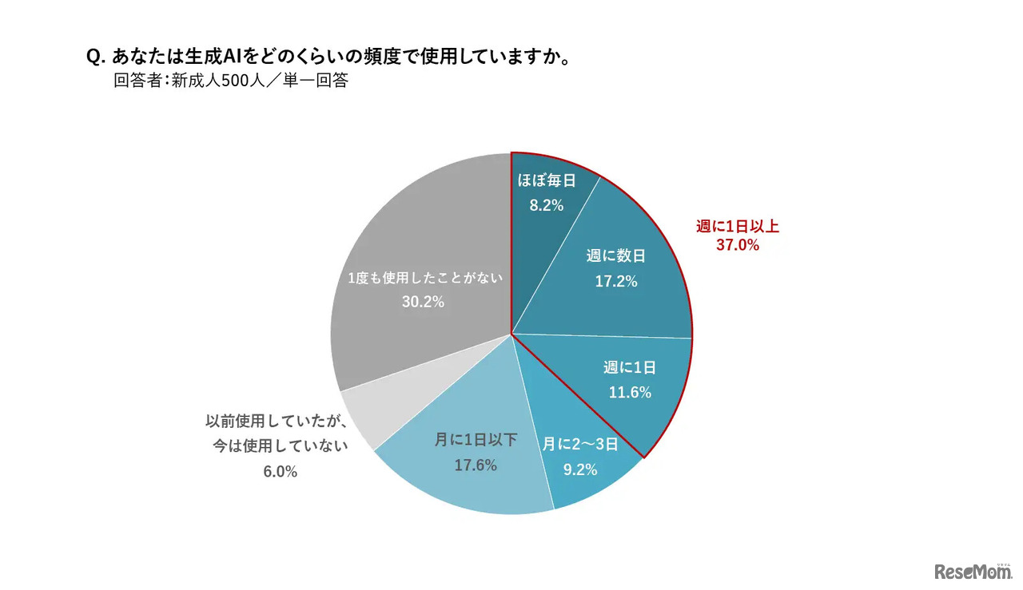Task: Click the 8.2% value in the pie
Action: tap(547, 205)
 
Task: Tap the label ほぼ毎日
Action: tap(547, 180)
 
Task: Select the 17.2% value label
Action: tap(615, 282)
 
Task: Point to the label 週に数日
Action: tap(615, 256)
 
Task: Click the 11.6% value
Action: tap(630, 393)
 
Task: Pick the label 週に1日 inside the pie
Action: tap(630, 367)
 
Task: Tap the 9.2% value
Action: tap(580, 470)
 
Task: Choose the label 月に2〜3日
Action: tap(580, 445)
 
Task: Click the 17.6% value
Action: tap(476, 465)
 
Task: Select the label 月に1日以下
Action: tap(476, 440)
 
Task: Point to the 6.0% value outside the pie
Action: tap(280, 472)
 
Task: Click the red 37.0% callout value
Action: tap(737, 246)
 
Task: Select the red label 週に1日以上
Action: tap(737, 227)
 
